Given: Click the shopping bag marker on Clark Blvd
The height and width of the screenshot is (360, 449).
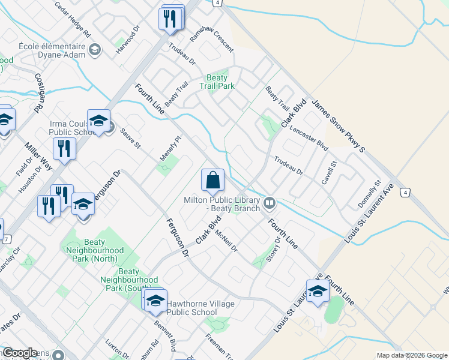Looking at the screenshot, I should tap(212, 180).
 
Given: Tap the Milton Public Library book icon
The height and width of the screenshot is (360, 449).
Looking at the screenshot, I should tap(270, 204).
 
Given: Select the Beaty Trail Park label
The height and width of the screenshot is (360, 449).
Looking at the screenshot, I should tap(217, 82).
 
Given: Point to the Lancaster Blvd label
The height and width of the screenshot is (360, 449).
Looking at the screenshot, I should tap(308, 138).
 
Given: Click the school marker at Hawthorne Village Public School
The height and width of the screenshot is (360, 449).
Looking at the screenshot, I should tap(155, 300).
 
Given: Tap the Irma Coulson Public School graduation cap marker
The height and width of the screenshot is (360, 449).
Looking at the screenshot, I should tap(99, 122).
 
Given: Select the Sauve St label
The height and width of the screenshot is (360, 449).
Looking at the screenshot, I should tap(130, 138).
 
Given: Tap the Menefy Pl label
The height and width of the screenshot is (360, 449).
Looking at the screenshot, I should tap(170, 148).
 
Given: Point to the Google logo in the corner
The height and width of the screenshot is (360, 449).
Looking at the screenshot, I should tap(20, 353).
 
